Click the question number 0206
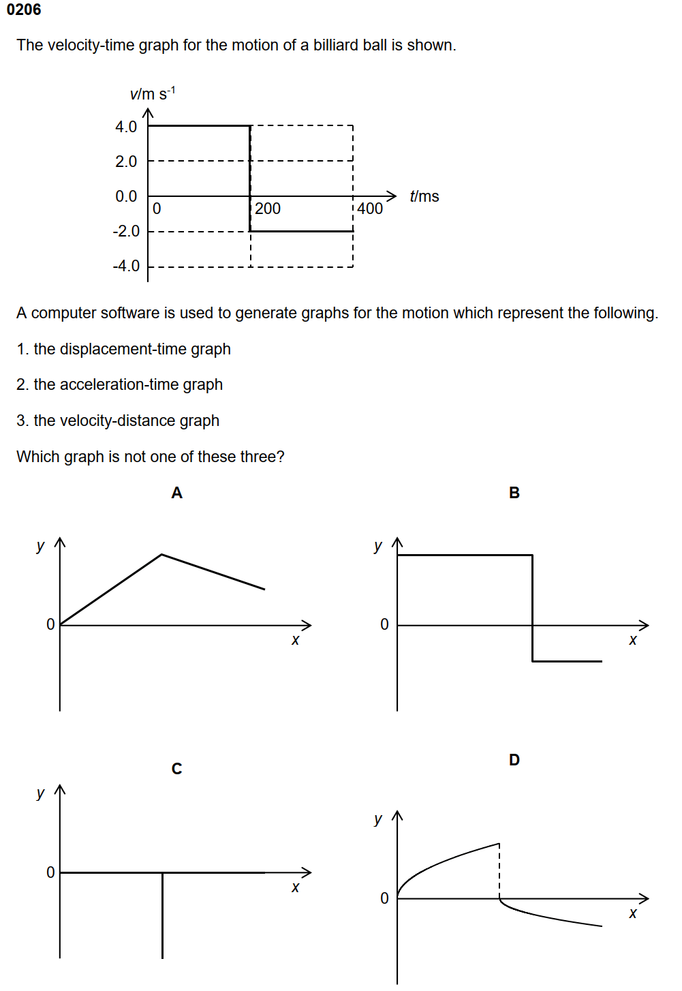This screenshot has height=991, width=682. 24,10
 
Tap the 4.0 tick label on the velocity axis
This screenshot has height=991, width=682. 126,127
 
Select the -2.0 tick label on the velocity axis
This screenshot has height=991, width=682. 126,231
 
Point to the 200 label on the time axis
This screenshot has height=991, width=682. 268,209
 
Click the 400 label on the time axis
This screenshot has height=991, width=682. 370,209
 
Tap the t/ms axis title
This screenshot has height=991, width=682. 424,196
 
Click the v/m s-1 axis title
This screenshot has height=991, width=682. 152,93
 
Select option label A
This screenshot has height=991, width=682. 177,493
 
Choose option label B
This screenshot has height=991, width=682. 514,493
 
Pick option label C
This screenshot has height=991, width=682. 177,769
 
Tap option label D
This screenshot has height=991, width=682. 514,760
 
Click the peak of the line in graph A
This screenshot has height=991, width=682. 161,555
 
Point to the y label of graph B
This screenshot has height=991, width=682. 378,546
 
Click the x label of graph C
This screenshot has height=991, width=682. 295,887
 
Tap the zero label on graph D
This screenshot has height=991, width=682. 384,898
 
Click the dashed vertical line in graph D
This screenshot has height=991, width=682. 499,872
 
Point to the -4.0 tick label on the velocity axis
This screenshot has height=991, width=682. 126,266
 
